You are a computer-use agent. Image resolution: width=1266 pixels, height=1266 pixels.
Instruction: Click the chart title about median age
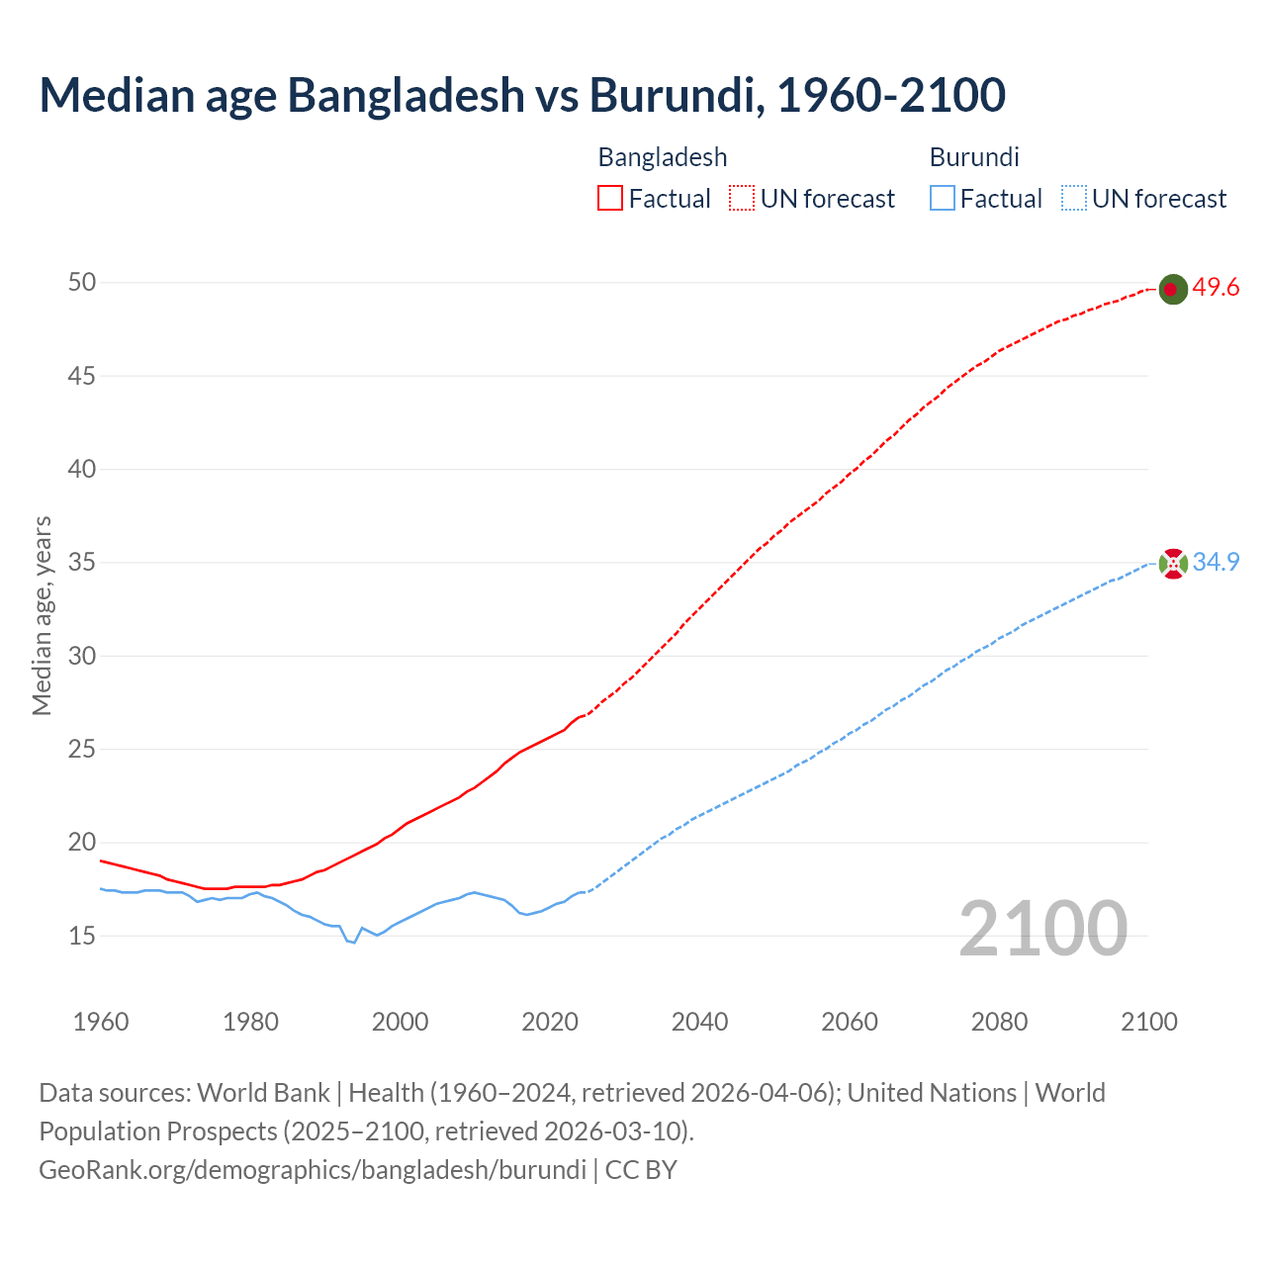point(522,95)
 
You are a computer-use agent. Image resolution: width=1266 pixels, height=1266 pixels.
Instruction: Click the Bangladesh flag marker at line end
point(1172,289)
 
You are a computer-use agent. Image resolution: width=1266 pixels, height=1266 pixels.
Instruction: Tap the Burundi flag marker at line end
point(1172,564)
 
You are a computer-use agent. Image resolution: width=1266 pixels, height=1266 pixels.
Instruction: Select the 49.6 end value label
point(1216,288)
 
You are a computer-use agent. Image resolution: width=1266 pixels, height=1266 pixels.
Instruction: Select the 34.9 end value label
point(1216,562)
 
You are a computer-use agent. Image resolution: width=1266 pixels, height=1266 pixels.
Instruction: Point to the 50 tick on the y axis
point(82,283)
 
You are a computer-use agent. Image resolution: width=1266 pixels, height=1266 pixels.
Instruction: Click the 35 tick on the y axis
point(82,563)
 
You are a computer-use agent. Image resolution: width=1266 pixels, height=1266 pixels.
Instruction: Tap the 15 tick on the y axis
point(82,936)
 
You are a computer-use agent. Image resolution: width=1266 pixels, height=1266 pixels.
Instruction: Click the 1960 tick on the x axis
point(101,1022)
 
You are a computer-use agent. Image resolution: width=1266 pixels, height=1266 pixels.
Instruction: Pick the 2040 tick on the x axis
point(699,1022)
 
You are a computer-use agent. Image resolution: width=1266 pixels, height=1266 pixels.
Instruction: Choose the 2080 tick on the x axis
point(999,1022)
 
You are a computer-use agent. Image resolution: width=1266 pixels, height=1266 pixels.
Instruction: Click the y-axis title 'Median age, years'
point(42,615)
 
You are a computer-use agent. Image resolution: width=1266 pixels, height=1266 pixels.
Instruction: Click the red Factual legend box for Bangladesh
point(610,199)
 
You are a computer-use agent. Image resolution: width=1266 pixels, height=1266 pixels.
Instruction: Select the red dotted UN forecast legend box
point(742,199)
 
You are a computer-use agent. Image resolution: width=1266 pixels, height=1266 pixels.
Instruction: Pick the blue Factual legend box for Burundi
point(942,199)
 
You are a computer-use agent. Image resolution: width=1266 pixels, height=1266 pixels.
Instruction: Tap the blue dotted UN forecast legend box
point(1073,199)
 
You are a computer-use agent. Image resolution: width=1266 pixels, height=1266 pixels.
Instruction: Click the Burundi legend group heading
point(974,157)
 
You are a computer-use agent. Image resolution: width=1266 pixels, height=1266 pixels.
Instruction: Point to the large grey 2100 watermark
point(1042,928)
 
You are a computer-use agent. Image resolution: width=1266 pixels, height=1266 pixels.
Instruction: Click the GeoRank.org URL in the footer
point(313,1170)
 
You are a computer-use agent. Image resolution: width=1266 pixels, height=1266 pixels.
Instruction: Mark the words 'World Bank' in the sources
point(263,1093)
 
